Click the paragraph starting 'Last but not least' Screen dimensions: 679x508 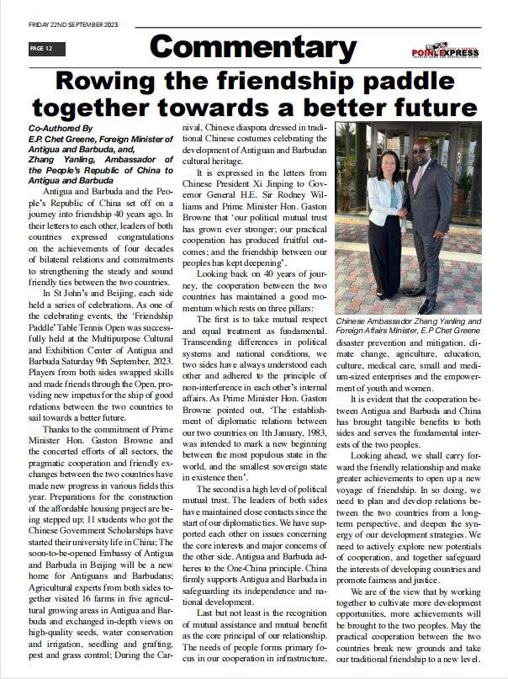(252, 614)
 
